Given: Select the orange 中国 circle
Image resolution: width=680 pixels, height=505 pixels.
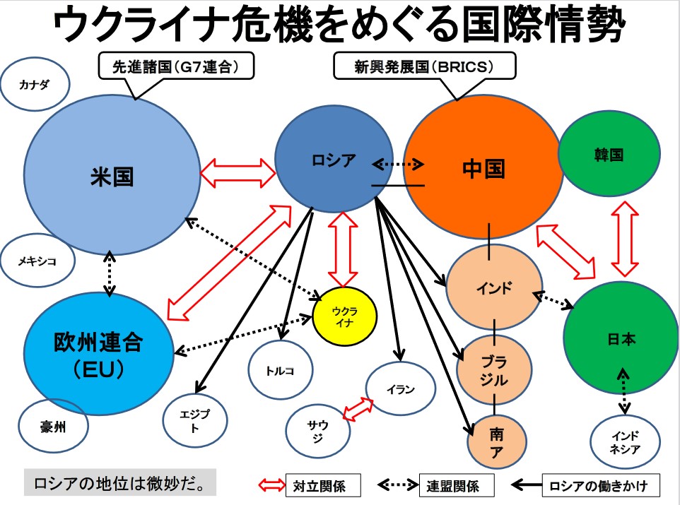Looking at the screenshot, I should point(483,169).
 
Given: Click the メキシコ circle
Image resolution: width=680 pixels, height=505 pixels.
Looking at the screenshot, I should point(37,261).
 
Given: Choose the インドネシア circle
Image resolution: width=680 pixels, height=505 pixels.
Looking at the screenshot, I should point(625,441).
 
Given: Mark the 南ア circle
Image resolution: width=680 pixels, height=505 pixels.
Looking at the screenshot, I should point(496,441).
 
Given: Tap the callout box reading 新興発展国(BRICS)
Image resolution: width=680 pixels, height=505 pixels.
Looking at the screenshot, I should point(424,67).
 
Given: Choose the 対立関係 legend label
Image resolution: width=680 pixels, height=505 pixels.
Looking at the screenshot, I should point(316,485).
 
